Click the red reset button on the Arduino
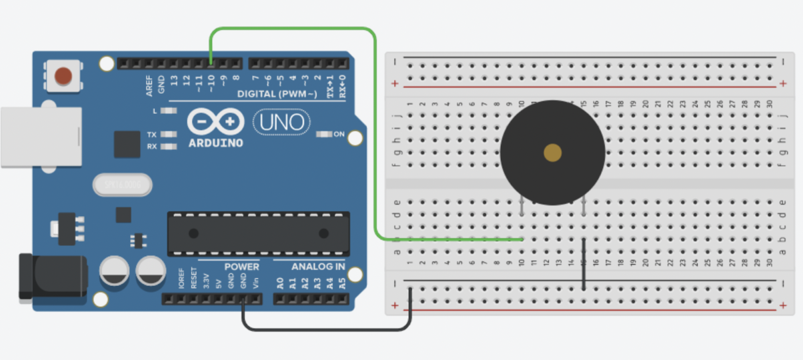[63, 75]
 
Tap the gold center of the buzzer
[553, 153]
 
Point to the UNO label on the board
[282, 122]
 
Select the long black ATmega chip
[258, 233]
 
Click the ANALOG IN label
[318, 266]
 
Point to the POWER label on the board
[241, 266]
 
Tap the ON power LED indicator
[325, 134]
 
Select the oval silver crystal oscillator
[123, 185]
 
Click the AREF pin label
[149, 85]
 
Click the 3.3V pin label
[206, 281]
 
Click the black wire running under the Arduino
[327, 329]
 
